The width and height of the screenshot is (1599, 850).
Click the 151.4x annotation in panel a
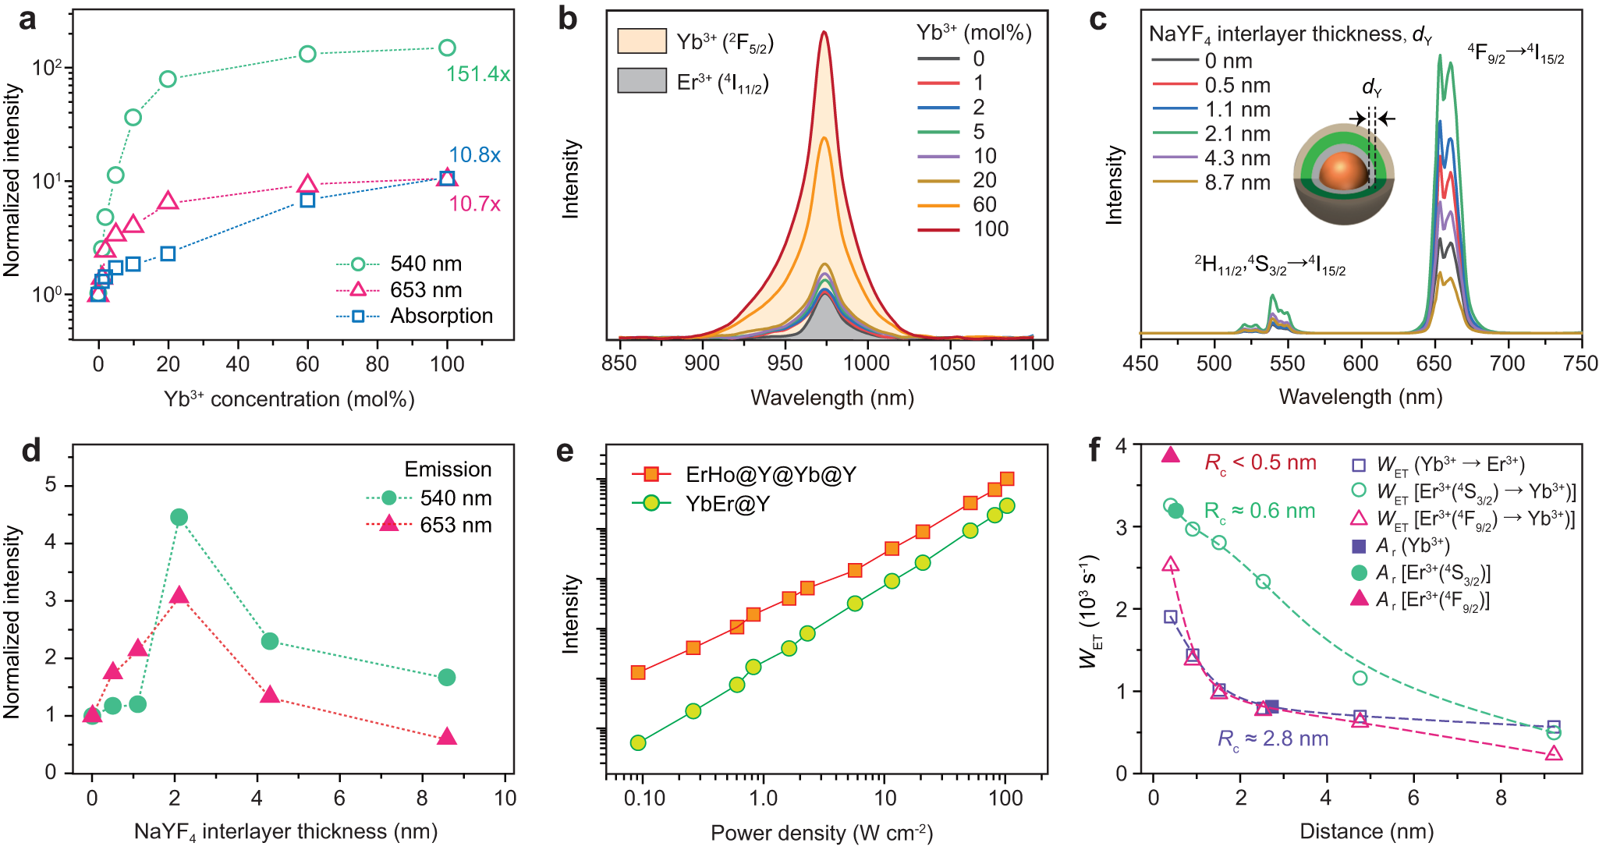pos(477,74)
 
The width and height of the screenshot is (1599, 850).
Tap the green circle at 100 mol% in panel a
pos(447,48)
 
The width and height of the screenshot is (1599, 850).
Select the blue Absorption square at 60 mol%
pos(307,200)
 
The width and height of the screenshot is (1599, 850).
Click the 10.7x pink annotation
pos(474,204)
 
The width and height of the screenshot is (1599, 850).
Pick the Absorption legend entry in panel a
pos(441,316)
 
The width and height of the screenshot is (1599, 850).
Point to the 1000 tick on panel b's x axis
pos(867,363)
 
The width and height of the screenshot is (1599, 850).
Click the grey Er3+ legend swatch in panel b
pos(642,81)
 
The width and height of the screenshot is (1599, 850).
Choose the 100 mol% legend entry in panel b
pos(991,229)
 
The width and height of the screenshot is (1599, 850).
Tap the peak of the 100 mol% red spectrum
pos(824,32)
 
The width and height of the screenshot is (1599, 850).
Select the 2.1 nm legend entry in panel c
pos(1237,134)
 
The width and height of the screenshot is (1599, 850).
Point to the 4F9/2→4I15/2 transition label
pos(1515,54)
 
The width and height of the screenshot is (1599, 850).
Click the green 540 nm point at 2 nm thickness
pos(179,517)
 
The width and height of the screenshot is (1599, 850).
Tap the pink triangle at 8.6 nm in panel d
pos(446,737)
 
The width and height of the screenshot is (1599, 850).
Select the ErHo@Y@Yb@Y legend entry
pos(770,474)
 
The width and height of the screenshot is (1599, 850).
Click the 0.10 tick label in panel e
pos(644,799)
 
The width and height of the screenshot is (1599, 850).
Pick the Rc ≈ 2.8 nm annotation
pos(1272,739)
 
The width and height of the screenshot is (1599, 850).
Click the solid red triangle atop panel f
pos(1170,455)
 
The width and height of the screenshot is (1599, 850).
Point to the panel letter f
pos(1095,450)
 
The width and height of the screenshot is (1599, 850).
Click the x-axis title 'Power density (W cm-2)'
pos(821,833)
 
